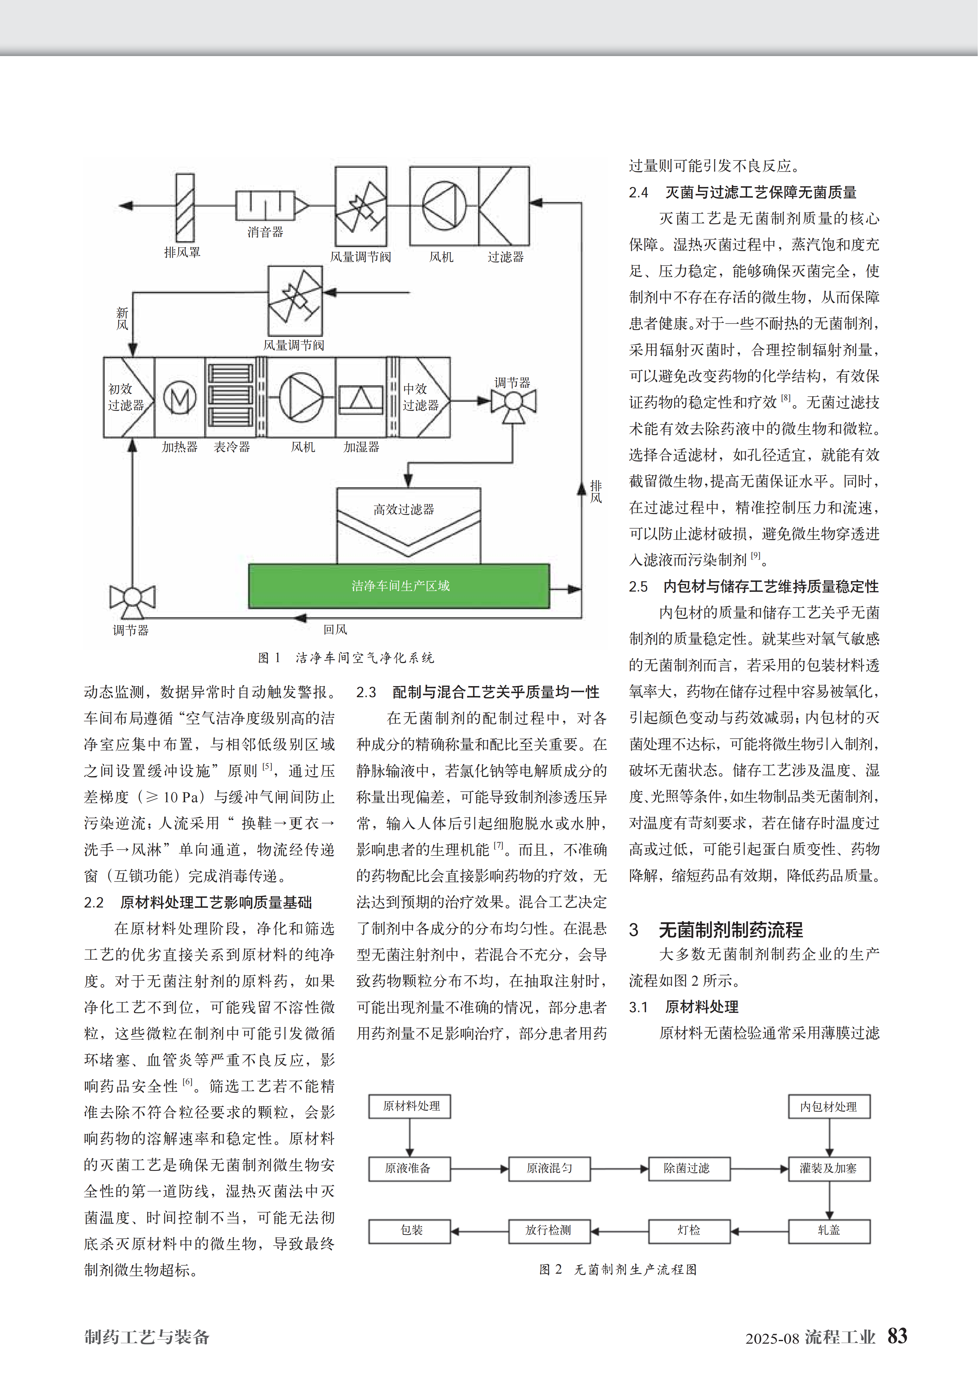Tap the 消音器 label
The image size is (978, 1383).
pos(265,232)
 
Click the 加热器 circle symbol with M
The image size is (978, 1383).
pos(180,398)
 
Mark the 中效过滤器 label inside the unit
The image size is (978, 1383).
pos(420,397)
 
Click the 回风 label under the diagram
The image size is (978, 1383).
pos(335,629)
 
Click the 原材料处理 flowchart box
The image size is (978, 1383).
pos(410,1106)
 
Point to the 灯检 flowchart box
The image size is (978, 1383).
pos(689,1230)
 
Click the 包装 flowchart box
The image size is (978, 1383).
pos(410,1230)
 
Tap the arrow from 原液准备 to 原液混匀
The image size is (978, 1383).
pos(479,1169)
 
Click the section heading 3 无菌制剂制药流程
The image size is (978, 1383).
pos(716,929)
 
